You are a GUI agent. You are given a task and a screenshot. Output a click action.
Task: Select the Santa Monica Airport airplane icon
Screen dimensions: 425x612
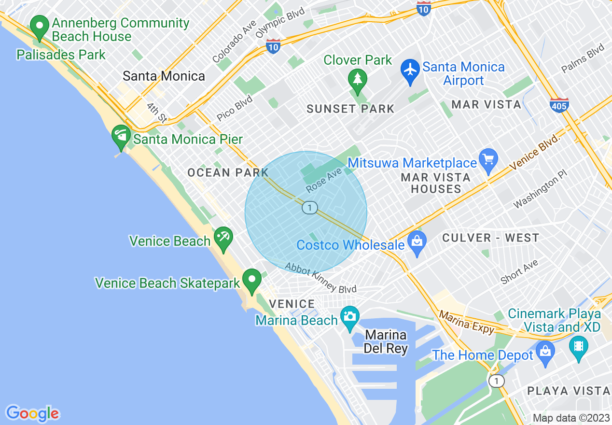(410, 71)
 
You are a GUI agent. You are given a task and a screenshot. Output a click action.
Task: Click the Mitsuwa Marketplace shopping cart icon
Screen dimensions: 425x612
(488, 160)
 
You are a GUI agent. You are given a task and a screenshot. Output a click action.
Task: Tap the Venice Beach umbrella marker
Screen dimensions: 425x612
(223, 238)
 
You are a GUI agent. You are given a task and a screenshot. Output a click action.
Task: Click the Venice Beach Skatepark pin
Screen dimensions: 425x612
(251, 280)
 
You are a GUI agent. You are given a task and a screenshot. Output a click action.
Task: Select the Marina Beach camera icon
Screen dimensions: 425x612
(349, 317)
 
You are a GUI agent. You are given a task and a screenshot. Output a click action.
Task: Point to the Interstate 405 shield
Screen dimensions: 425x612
(559, 104)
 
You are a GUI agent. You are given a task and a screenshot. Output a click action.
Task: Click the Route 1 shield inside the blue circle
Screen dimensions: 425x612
(309, 208)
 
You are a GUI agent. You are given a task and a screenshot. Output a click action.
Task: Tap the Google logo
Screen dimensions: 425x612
(32, 413)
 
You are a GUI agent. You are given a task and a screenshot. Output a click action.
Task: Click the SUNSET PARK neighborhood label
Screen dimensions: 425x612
(350, 109)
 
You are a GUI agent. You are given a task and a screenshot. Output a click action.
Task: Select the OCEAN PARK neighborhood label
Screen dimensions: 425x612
(228, 172)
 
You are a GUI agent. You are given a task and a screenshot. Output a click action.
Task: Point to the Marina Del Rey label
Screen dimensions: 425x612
(386, 341)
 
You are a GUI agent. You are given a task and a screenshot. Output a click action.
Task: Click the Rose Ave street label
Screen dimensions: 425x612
(323, 180)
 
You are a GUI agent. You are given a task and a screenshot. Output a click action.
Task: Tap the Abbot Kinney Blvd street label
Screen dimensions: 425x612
(320, 278)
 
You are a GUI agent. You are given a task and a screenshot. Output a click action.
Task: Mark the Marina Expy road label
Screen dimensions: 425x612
(467, 323)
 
